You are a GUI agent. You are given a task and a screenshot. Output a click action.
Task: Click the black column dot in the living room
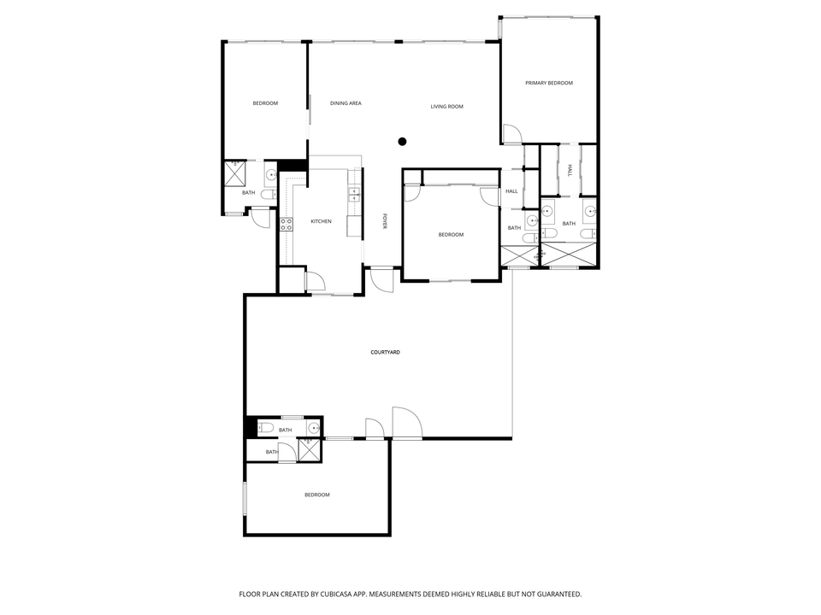click(402, 142)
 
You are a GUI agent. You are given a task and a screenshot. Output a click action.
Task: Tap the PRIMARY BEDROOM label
click(549, 83)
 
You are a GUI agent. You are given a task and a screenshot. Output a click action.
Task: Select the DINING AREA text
click(346, 103)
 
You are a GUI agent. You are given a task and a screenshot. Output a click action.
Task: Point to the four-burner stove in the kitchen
click(286, 225)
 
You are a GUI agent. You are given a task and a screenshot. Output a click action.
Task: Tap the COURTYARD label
click(386, 352)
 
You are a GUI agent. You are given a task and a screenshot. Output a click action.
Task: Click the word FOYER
click(385, 220)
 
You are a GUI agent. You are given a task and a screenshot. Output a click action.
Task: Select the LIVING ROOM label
click(446, 107)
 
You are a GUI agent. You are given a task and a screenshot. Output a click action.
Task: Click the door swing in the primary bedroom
click(511, 134)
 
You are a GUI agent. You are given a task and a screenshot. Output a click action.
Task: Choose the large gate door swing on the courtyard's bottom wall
click(407, 423)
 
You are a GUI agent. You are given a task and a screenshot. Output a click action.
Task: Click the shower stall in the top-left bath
click(236, 173)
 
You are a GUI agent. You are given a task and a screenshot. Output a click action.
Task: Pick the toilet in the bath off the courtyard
click(264, 428)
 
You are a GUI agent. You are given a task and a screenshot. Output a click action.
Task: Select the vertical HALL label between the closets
click(570, 170)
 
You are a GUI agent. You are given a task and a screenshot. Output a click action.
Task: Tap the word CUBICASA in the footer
click(351, 594)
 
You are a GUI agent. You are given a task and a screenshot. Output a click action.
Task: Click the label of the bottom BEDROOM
click(316, 495)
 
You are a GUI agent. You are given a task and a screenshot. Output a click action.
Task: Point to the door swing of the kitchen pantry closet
click(315, 281)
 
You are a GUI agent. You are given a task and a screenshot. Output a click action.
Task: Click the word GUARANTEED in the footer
click(557, 594)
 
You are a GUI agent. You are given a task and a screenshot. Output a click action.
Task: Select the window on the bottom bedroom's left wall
click(245, 498)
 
